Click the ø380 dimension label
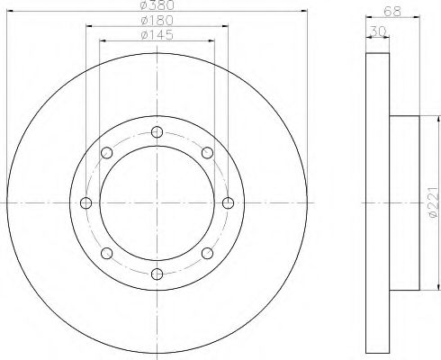(x=157, y=4)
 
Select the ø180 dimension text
(x=157, y=21)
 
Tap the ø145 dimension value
(x=157, y=35)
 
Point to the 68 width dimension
(x=392, y=12)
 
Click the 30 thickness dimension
(x=379, y=31)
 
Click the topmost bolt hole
(x=157, y=132)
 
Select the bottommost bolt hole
(x=157, y=274)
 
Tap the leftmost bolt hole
(x=86, y=203)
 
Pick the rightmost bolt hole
(x=228, y=203)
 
